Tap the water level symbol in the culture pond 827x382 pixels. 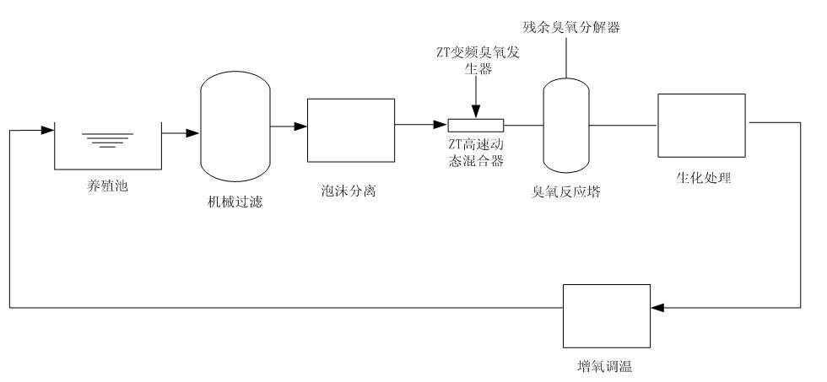click(x=107, y=138)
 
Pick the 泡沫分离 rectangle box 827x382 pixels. click(x=350, y=130)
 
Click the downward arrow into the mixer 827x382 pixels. click(x=476, y=110)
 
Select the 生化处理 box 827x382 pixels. click(x=701, y=125)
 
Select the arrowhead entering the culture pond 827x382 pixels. click(x=47, y=131)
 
